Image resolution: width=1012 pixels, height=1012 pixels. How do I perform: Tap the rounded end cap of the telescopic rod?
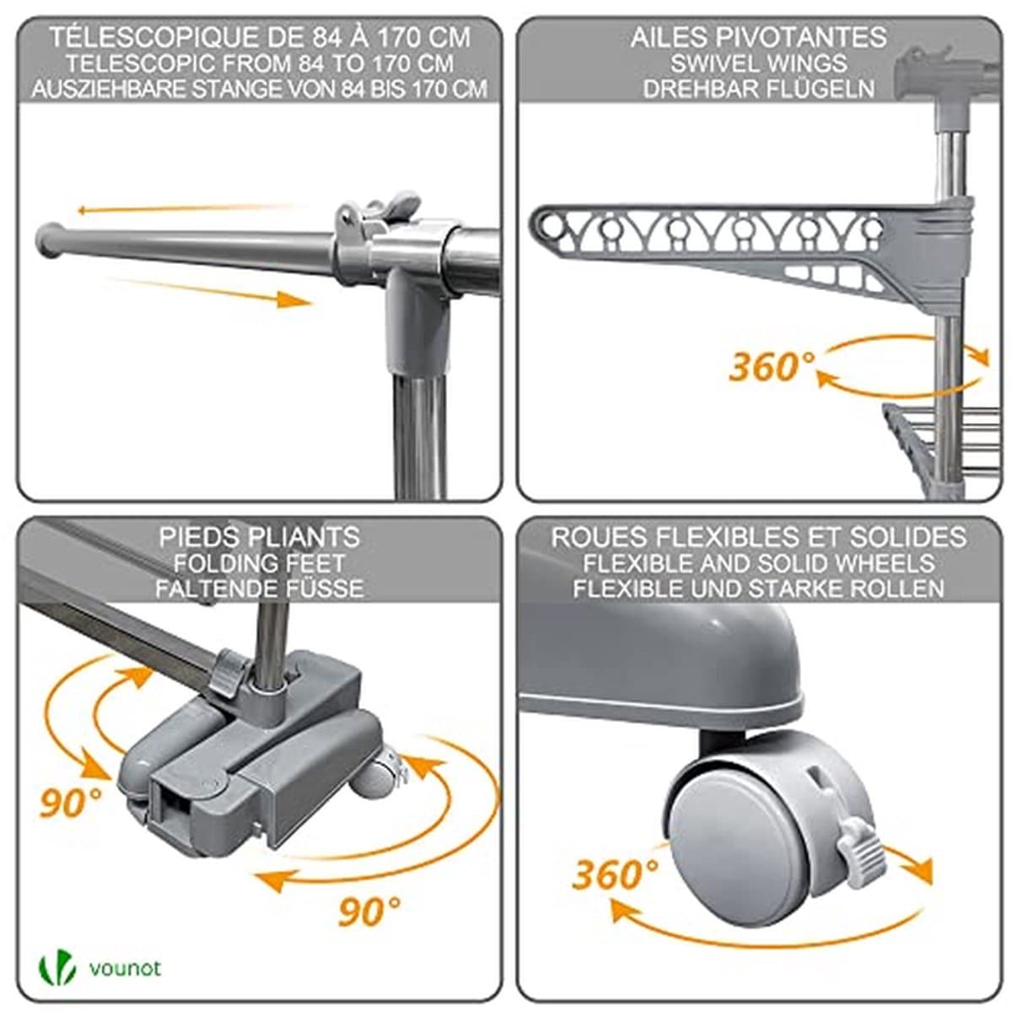click(x=48, y=240)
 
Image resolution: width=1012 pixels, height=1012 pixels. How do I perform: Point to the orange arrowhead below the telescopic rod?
click(x=293, y=300)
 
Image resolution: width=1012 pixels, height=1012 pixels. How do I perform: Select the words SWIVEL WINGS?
click(x=758, y=63)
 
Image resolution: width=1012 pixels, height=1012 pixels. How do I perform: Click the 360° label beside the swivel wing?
click(x=772, y=366)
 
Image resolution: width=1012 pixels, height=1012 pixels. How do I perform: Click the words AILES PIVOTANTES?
click(x=758, y=37)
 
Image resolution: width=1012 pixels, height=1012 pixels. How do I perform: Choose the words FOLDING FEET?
click(x=260, y=563)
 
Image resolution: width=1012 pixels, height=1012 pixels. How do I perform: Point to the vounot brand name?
click(x=125, y=967)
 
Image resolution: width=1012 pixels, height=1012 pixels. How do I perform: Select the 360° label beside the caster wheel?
click(x=615, y=875)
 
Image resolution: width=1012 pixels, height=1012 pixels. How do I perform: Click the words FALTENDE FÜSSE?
click(x=260, y=588)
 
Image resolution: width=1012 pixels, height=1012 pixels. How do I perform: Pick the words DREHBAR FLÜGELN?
click(x=758, y=89)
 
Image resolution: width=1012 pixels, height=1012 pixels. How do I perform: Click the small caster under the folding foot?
click(x=375, y=776)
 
